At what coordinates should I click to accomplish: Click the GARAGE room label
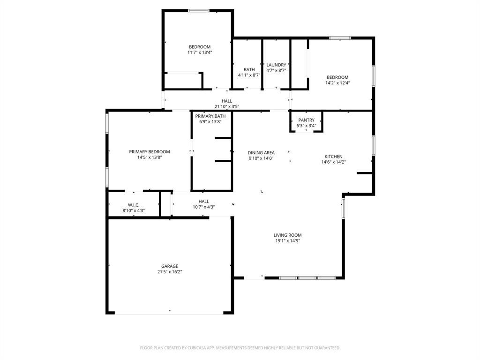coord(170,266)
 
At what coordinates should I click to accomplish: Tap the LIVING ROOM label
coord(287,235)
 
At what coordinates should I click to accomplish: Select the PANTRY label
coord(307,120)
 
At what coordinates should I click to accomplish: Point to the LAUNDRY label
coord(276,65)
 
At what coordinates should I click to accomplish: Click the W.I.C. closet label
coord(134,205)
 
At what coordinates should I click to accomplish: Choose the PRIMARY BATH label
coord(210,116)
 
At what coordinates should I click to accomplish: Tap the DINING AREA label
coord(261,152)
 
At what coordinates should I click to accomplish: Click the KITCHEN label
coord(333,157)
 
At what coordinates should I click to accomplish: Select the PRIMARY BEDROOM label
coord(150,152)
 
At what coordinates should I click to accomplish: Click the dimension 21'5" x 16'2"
coord(170,272)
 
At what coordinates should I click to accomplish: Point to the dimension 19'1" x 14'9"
coord(287,241)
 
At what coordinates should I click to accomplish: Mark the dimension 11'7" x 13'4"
coord(200,52)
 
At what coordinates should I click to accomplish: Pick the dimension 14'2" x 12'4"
coord(337,83)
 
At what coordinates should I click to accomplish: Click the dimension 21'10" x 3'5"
coord(227,106)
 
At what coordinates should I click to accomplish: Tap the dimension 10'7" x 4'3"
coord(203,207)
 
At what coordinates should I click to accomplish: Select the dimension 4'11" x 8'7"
coord(249,75)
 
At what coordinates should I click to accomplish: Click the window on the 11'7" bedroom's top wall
coord(199,10)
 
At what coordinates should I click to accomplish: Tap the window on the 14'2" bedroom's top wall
coord(340,37)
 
